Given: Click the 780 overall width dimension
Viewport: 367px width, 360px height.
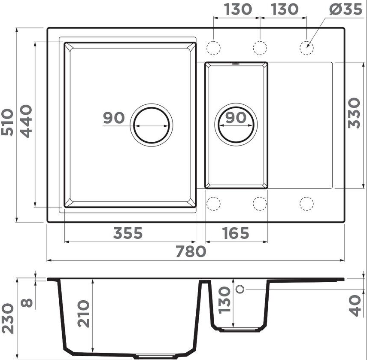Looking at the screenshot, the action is point(191,251).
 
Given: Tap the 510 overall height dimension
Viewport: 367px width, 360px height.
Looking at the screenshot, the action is point(7,122).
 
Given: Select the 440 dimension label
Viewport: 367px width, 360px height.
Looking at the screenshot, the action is point(26,121).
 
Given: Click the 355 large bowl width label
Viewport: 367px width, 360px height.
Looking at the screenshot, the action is point(128,233).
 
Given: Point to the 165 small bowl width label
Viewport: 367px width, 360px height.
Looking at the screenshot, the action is point(236,233).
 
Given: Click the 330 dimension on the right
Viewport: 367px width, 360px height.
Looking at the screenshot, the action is point(354,113).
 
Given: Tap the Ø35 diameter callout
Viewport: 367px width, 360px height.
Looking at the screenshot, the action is point(346,9).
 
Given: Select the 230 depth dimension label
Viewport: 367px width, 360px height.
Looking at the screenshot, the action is point(7,318).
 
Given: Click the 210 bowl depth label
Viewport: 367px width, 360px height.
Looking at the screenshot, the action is point(84,314).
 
